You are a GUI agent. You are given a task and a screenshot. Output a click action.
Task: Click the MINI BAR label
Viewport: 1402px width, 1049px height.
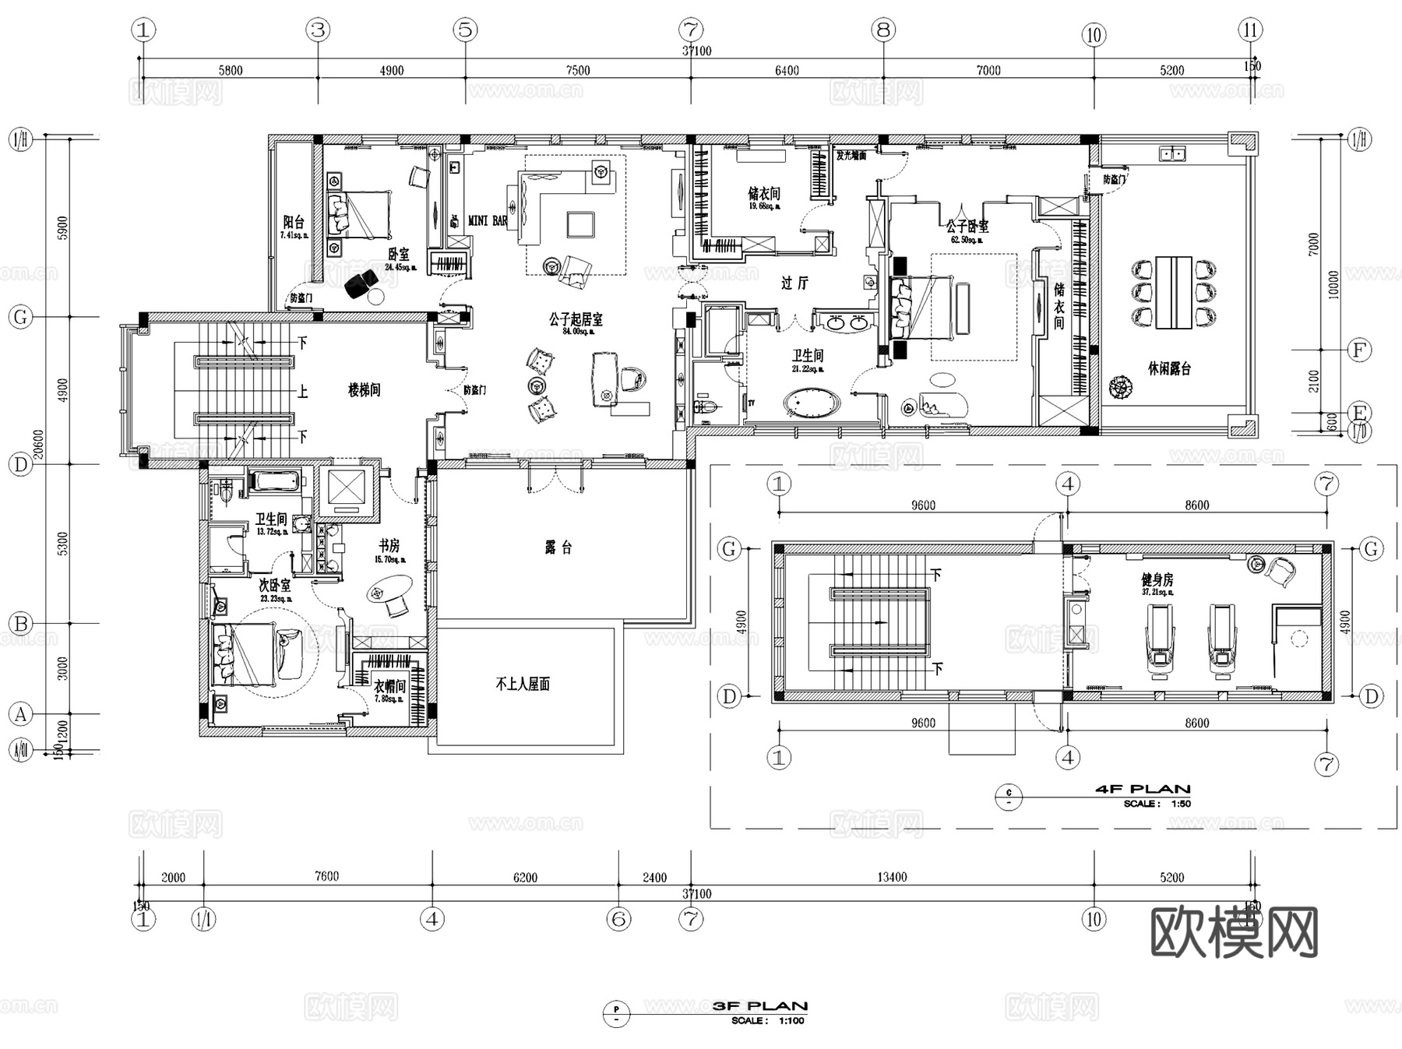[x=488, y=221]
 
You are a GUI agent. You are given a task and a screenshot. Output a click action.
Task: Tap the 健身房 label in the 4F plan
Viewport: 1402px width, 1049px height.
[x=1157, y=580]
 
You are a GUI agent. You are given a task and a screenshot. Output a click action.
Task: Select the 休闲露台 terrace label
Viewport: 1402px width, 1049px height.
[x=1169, y=368]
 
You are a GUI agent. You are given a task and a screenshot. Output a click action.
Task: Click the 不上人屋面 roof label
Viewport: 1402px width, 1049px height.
[x=523, y=685]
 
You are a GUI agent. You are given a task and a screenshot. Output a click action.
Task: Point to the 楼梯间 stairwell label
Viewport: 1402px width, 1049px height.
[x=364, y=389]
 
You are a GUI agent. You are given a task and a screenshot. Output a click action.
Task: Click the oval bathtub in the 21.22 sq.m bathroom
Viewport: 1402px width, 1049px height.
[x=812, y=403]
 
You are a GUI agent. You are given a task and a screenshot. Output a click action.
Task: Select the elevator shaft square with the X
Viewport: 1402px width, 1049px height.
[x=347, y=488]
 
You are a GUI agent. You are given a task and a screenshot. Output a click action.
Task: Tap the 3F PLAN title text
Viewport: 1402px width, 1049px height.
[x=760, y=1006]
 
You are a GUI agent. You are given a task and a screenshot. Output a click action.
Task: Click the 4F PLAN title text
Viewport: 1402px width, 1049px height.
[x=1143, y=789]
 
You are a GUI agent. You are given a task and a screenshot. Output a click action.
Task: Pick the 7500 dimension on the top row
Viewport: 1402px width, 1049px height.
[x=578, y=70]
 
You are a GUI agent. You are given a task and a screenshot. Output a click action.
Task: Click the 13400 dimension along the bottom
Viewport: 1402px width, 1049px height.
[x=892, y=877]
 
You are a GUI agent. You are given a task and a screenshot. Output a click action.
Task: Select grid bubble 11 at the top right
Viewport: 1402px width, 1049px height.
[x=1250, y=30]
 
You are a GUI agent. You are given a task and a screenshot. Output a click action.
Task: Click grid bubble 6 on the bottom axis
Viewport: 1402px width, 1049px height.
[x=618, y=920]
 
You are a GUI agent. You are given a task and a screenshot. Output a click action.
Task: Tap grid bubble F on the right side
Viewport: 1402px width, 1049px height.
[x=1359, y=350]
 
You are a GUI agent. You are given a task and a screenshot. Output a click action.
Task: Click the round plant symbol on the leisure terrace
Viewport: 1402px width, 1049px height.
[x=1121, y=386]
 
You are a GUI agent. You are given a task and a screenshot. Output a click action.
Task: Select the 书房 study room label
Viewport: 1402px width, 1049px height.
[x=389, y=546]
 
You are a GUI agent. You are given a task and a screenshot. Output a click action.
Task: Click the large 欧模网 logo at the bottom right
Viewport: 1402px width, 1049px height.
[x=1234, y=932]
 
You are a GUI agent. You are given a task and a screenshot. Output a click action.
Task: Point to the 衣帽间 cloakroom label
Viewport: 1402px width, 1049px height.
[x=389, y=686]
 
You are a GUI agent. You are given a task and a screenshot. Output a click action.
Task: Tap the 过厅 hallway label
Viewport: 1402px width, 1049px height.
[x=794, y=283]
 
